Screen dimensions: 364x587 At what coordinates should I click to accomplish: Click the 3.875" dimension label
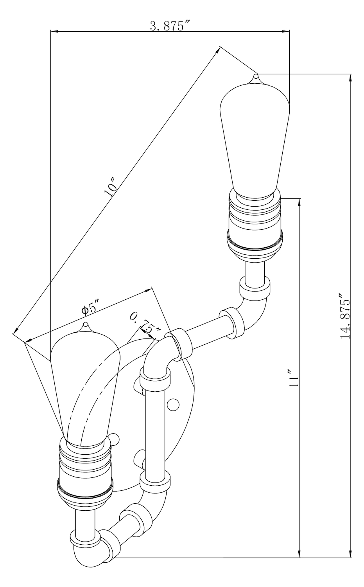pyautogui.click(x=170, y=26)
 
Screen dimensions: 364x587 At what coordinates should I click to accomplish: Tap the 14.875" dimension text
pyautogui.click(x=345, y=316)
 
